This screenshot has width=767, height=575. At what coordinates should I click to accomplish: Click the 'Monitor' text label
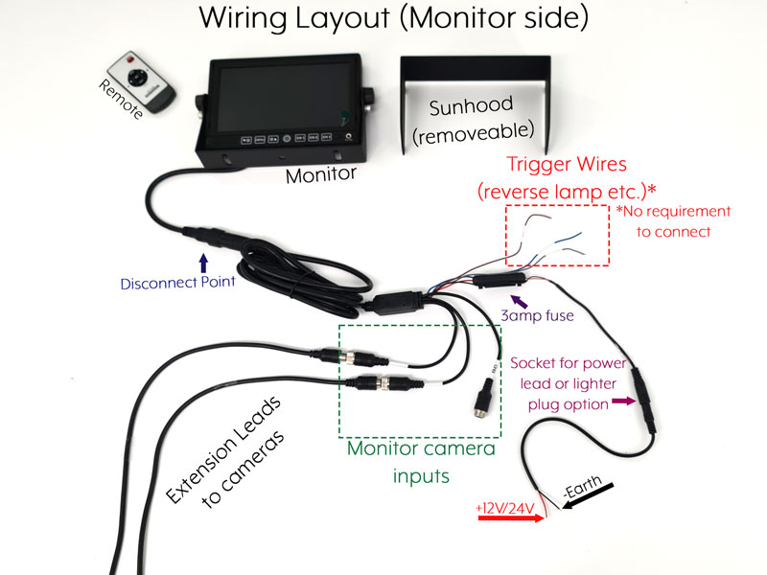[x=321, y=175]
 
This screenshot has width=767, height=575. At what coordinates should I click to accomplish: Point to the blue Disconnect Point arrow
[x=202, y=263]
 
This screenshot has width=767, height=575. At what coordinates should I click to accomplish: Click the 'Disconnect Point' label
[x=178, y=284]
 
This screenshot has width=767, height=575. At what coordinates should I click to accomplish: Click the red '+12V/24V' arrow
[x=508, y=518]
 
